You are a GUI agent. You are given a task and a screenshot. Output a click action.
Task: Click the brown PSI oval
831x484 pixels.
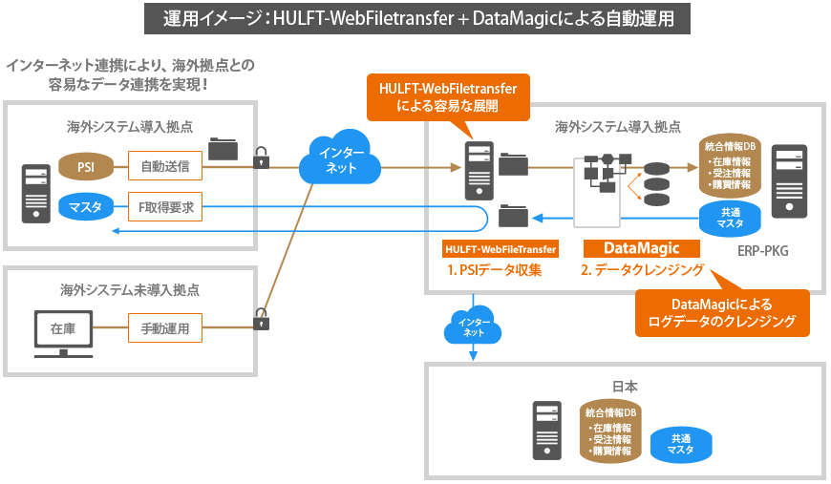click(x=86, y=168)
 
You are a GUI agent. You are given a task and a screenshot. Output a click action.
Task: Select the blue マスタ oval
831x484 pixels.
click(x=86, y=206)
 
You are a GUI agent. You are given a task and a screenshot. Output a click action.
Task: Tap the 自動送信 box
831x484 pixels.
click(x=164, y=168)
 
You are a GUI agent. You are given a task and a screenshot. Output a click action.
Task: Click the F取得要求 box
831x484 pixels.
click(x=165, y=206)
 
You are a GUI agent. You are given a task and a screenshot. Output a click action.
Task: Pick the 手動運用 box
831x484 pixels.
click(x=165, y=329)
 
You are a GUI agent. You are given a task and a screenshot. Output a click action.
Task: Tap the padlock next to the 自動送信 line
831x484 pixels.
click(x=261, y=158)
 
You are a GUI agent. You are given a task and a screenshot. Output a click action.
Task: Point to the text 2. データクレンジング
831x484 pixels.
click(x=642, y=270)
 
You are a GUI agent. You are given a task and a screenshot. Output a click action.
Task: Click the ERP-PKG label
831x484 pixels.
click(x=763, y=251)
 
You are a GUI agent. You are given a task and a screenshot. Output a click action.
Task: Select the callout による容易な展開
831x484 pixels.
click(x=447, y=97)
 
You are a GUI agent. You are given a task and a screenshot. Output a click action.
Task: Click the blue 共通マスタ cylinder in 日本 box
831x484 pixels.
click(x=681, y=444)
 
